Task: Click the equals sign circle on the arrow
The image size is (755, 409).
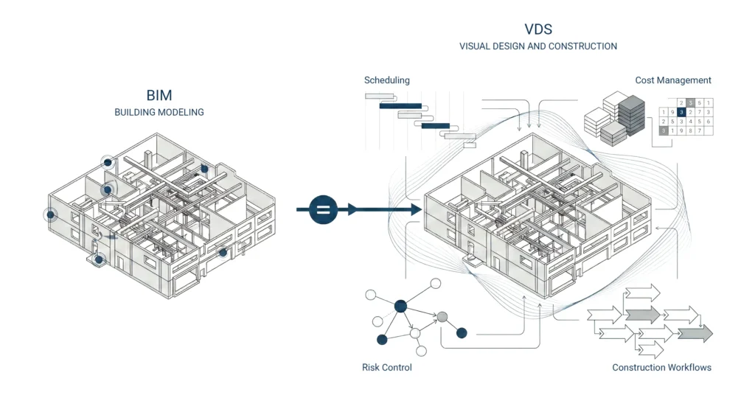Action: coord(322,210)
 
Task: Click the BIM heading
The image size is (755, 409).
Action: coord(159,95)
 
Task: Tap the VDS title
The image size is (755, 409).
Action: coord(538,30)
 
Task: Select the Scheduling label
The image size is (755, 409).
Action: coord(386,80)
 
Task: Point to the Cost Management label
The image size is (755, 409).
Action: coord(673,80)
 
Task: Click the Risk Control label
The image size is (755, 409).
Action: coord(386,367)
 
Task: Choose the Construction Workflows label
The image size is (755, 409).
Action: coord(661,367)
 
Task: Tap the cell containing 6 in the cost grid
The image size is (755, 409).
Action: coord(708,122)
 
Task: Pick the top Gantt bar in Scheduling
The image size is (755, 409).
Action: coord(380,96)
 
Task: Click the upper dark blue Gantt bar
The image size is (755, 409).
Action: coord(400,106)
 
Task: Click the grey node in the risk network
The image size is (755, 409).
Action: coord(442,317)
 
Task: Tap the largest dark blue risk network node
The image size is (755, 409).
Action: coord(400,306)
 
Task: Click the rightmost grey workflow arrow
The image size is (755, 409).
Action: coord(696,334)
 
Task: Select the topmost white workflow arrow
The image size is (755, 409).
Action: coord(641,293)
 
